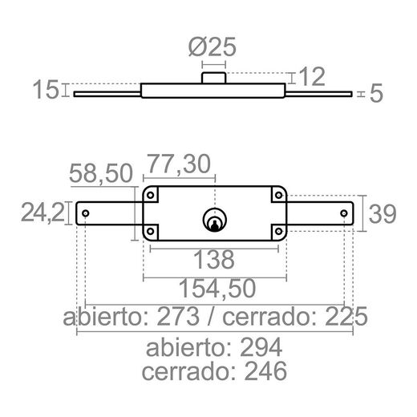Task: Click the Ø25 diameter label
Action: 214,48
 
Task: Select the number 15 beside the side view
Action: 47,90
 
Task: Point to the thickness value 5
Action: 377,95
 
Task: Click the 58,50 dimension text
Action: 100,172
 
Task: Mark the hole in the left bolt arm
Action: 86,213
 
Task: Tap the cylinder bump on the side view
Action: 214,76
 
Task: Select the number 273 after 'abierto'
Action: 177,317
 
